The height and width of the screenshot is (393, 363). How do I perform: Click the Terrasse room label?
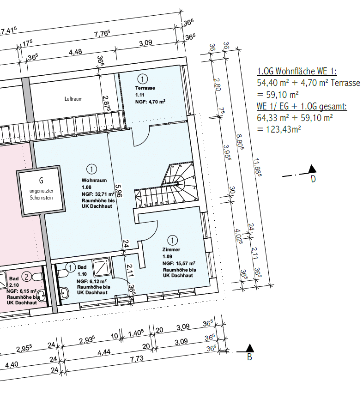(145, 88)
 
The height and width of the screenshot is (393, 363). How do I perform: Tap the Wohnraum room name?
(94, 180)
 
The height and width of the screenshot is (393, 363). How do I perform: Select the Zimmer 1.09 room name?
(171, 249)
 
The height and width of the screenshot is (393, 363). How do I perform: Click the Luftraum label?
(73, 99)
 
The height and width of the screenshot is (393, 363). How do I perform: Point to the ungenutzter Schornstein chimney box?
(42, 190)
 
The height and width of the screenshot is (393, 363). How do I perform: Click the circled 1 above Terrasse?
(142, 79)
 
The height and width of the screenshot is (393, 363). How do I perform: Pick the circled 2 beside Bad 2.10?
(27, 277)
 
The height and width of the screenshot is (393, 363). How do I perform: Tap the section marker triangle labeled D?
(312, 169)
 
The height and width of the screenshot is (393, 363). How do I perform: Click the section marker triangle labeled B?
(249, 348)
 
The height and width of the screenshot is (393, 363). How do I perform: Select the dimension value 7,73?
(137, 359)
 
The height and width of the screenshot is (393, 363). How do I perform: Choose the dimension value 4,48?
(75, 52)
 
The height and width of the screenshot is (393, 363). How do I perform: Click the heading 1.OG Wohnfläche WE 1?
(297, 71)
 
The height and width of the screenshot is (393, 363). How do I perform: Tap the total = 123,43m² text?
(279, 129)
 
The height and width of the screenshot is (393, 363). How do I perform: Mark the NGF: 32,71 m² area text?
(98, 194)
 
